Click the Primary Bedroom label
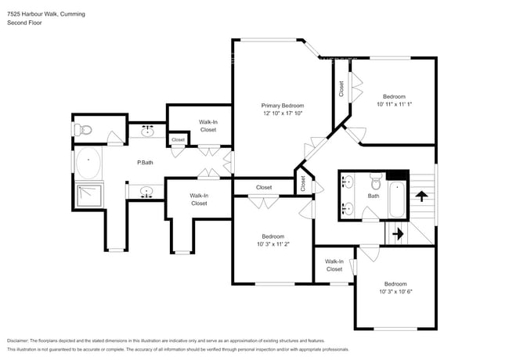[x=283, y=106]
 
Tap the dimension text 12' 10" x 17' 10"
[x=283, y=113]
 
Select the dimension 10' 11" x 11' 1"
[x=394, y=104]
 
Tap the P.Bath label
[x=144, y=163]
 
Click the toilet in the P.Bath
[x=82, y=129]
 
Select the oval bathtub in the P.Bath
[x=90, y=165]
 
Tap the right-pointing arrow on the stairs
[x=396, y=233]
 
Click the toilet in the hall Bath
[x=375, y=185]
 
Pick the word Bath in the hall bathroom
[x=374, y=196]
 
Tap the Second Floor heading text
[x=24, y=23]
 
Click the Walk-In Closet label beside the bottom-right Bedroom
[x=334, y=265]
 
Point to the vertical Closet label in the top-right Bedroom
[x=341, y=89]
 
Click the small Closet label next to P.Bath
[x=179, y=140]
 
